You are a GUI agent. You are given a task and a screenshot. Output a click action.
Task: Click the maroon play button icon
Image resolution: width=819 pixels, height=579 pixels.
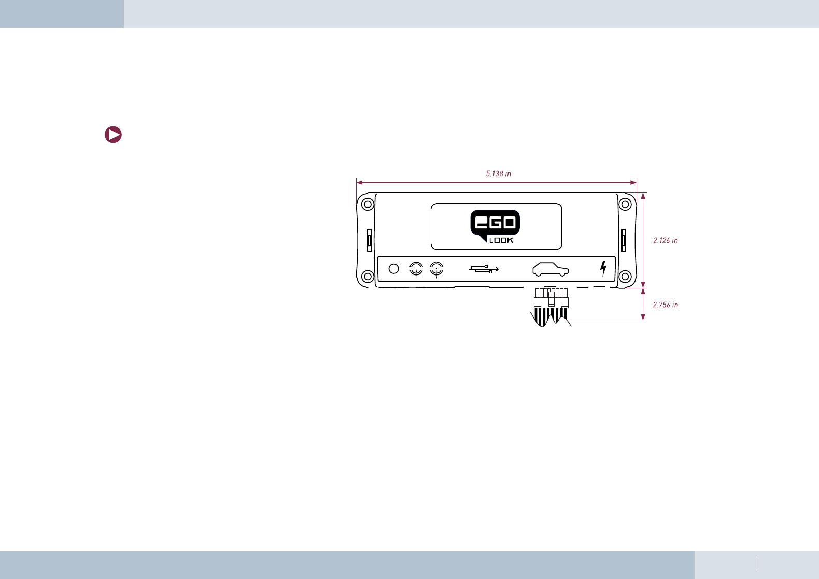(113, 135)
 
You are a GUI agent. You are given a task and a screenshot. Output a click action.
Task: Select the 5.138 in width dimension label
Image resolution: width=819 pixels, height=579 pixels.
(498, 174)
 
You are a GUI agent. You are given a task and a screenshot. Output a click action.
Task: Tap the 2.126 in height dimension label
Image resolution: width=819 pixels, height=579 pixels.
(666, 240)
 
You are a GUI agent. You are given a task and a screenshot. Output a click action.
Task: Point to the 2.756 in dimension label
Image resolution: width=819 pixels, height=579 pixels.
(666, 305)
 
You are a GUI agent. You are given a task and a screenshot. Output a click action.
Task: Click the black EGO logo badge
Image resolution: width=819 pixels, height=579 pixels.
(495, 223)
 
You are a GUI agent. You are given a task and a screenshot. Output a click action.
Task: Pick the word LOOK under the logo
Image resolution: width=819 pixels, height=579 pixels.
(501, 240)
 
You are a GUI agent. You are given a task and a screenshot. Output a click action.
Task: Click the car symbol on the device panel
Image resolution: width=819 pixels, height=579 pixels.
(550, 269)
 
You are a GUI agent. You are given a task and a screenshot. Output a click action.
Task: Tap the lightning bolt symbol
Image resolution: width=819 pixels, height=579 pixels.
(603, 268)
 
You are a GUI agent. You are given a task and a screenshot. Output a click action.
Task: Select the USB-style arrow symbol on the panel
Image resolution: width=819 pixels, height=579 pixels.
(484, 269)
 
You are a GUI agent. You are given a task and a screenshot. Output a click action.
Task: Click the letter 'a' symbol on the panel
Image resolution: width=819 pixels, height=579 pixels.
(394, 269)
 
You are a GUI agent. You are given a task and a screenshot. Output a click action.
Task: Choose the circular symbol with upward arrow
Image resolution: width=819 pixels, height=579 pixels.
(416, 269)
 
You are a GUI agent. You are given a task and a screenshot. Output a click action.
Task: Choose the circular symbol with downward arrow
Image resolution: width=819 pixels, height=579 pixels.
(437, 269)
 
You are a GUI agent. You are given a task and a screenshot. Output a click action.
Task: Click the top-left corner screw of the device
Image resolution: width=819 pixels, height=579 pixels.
(368, 204)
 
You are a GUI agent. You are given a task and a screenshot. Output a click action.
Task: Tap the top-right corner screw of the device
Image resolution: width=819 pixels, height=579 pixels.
(626, 204)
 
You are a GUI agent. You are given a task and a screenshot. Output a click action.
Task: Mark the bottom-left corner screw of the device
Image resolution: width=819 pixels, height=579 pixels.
(368, 276)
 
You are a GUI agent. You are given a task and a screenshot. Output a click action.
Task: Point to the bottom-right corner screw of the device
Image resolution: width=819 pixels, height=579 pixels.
(626, 276)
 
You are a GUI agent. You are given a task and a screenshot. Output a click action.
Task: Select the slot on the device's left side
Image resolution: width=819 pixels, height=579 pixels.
(370, 240)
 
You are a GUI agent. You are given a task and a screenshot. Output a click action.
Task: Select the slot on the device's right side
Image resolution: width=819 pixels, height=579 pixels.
(624, 240)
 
